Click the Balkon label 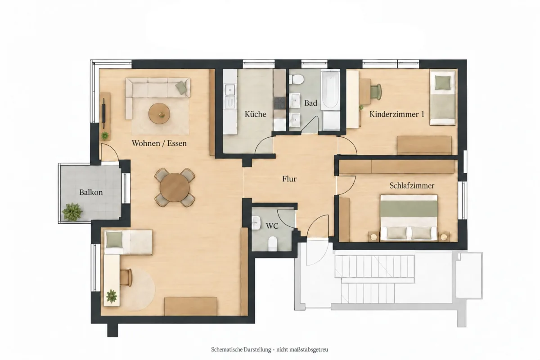click(91, 193)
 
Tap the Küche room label click(255, 114)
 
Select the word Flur click(289, 179)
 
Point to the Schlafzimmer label click(412, 186)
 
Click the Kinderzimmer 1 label click(397, 114)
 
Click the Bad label click(310, 103)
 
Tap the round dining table click(175, 187)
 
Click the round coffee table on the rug click(159, 113)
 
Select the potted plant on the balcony click(72, 211)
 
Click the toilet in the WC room click(272, 243)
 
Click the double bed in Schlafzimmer click(409, 218)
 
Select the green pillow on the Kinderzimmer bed click(442, 83)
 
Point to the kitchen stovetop click(280, 103)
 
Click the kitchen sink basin click(230, 90)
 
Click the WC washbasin click(256, 223)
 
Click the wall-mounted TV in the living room click(104, 113)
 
